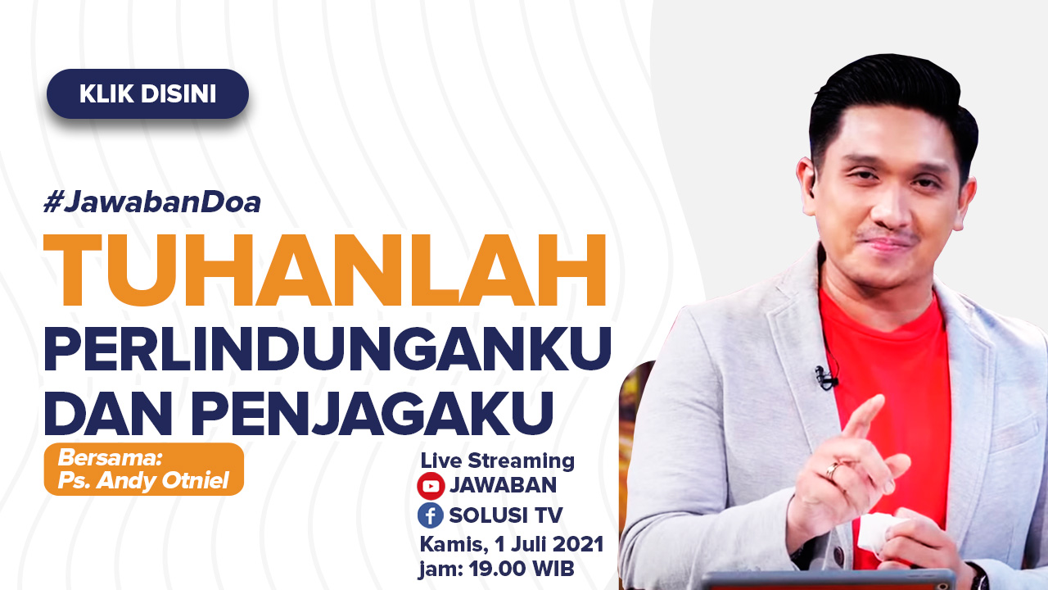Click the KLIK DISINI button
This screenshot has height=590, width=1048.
pos(147,93)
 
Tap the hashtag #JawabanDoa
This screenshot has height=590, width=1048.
pos(152,202)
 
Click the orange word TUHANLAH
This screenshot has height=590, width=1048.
pos(325,270)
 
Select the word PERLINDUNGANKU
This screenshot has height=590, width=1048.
pos(327,349)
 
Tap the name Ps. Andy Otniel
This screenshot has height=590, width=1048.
pos(143,481)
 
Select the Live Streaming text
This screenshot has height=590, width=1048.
pos(497,461)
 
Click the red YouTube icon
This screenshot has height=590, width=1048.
pos(431,486)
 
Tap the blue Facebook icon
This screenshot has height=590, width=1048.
pos(431,515)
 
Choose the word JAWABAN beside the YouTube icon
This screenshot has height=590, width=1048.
pos(503,485)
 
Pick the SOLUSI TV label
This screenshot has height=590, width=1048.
pos(506,515)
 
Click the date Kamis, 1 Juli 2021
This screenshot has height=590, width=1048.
pos(512,544)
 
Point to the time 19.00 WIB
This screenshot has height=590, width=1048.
pos(522,569)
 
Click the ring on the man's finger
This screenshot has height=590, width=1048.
pos(833,470)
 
